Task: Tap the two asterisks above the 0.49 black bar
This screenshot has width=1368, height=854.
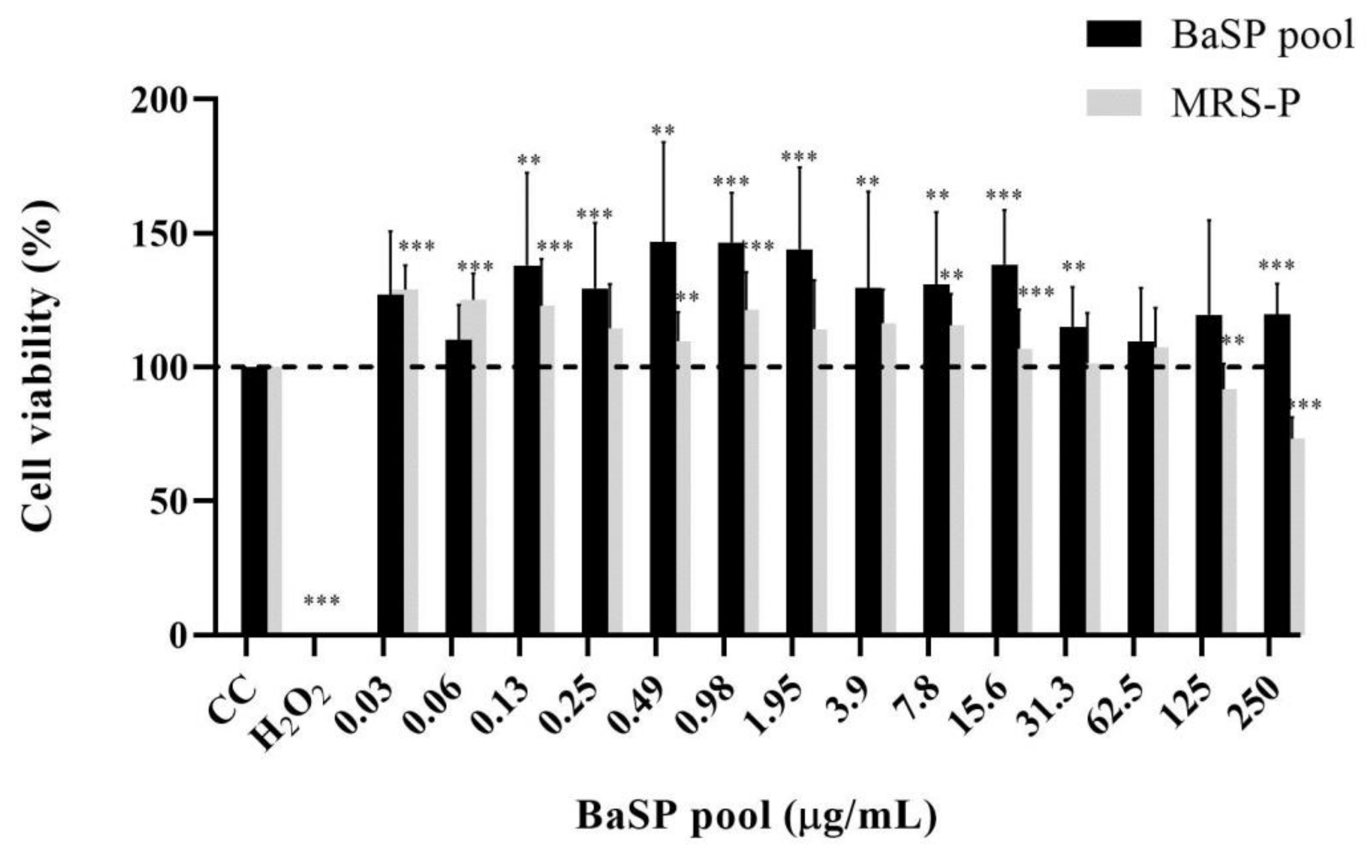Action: pyautogui.click(x=663, y=130)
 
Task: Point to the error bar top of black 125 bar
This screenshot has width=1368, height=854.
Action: pyautogui.click(x=1209, y=219)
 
